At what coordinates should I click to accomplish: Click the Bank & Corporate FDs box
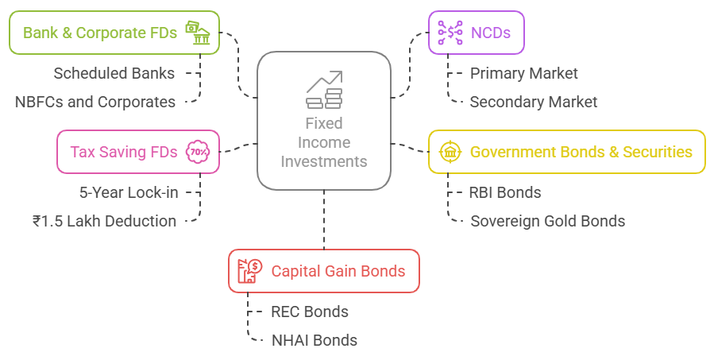[114, 33]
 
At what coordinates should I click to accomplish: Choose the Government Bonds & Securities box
[566, 152]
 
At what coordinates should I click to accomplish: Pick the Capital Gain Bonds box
[323, 271]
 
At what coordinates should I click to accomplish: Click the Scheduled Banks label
[114, 73]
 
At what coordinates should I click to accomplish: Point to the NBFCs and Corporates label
[95, 102]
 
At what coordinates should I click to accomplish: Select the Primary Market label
[523, 73]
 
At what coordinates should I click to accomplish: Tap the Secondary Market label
[533, 102]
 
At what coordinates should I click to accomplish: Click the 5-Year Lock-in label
[129, 192]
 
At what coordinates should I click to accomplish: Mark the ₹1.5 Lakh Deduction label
[105, 221]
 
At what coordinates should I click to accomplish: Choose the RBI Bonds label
[505, 192]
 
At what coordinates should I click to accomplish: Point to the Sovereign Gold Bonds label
[547, 221]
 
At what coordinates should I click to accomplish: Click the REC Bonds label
[309, 312]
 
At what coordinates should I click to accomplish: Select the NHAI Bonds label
[314, 340]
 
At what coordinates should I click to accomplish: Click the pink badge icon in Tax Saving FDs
[196, 152]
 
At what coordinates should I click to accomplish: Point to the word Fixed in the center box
[323, 123]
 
